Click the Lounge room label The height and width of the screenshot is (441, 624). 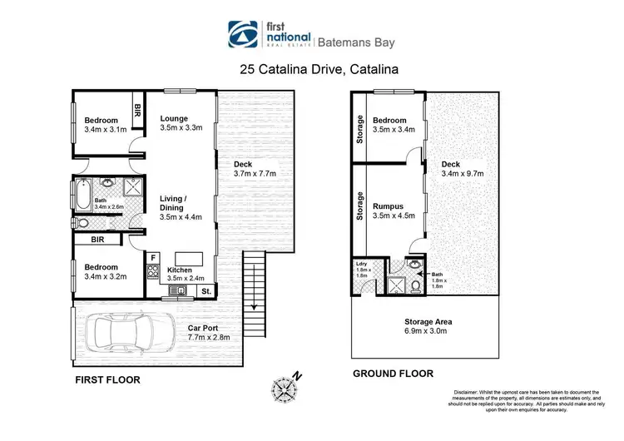coord(174,118)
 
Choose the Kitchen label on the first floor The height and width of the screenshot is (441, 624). coord(180,270)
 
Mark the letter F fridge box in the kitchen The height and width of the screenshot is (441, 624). coord(152,257)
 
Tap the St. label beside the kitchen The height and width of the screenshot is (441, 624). coord(205,291)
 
